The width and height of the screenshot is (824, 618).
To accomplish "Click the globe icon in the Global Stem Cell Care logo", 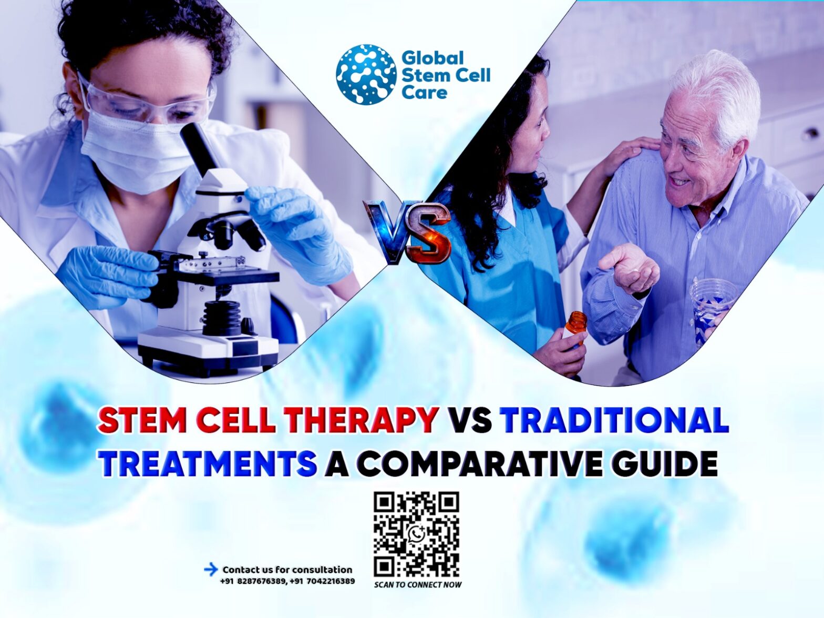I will [366, 74].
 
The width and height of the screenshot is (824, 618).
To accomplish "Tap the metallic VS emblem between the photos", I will [408, 231].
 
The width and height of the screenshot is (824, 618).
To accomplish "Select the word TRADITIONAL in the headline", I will [614, 420].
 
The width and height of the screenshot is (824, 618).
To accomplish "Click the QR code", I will [416, 534].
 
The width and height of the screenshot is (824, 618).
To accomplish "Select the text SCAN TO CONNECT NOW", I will [418, 584].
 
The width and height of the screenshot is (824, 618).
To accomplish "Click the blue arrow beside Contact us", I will [211, 569].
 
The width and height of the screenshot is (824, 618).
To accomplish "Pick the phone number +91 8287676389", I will [253, 581].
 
